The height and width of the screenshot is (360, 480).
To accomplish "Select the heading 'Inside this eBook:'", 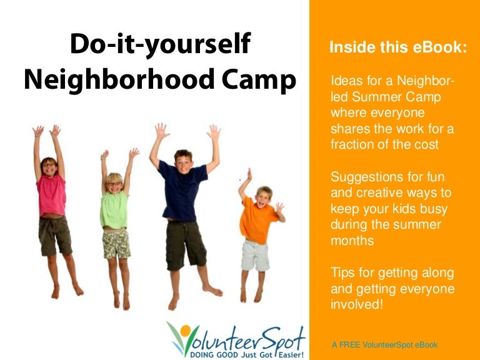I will [397, 47].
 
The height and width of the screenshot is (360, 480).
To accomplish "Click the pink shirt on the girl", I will [51, 195].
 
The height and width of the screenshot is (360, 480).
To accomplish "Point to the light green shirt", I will [114, 209].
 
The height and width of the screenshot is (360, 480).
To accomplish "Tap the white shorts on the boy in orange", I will [256, 254].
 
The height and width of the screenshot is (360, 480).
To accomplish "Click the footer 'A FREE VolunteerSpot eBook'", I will [384, 344].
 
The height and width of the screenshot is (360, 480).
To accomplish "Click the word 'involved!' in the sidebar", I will [356, 304].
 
